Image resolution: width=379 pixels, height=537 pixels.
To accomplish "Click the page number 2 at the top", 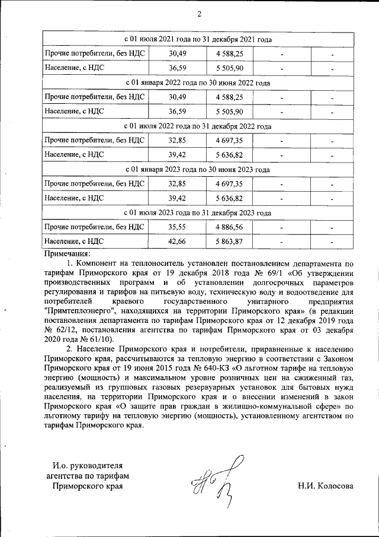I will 199,14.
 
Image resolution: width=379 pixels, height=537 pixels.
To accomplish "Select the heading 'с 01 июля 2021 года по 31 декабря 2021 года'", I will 198,40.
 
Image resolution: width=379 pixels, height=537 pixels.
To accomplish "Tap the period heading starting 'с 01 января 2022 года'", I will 198,83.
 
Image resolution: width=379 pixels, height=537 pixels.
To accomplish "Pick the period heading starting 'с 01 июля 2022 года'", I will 198,126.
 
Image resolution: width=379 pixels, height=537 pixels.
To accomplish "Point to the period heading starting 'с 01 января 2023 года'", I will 198,170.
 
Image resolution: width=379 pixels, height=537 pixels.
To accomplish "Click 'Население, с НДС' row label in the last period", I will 75,241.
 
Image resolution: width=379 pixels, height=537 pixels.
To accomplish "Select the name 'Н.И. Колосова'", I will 326,487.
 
